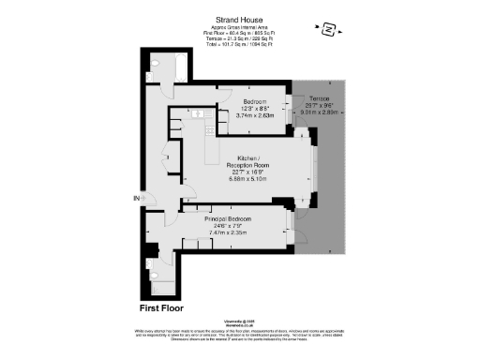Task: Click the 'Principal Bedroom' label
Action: click(x=232, y=218)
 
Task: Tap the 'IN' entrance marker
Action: click(x=136, y=199)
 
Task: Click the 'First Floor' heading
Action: click(x=162, y=307)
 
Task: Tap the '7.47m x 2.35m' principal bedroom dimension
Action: click(x=232, y=232)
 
